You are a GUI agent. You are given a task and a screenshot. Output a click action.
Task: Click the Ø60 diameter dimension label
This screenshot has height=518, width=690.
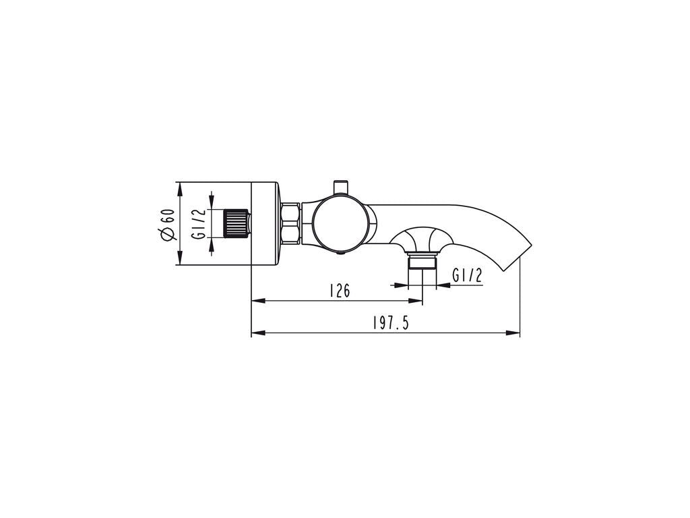[x=168, y=224]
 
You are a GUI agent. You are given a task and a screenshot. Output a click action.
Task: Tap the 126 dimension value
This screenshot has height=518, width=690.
[x=340, y=290]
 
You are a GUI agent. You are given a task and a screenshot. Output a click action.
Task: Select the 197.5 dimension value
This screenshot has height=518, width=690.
[x=391, y=323]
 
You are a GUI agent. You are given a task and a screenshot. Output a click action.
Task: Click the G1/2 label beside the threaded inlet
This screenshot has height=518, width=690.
[x=199, y=223]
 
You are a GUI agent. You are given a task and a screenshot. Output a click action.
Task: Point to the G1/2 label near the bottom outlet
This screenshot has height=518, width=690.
[x=467, y=275]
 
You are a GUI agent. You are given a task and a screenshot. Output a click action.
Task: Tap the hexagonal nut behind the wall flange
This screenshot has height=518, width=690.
[x=290, y=224]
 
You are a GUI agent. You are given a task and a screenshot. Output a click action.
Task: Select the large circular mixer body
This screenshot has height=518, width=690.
[x=340, y=225]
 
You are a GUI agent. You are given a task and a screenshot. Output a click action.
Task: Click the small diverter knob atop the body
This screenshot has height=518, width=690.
[x=340, y=187]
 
